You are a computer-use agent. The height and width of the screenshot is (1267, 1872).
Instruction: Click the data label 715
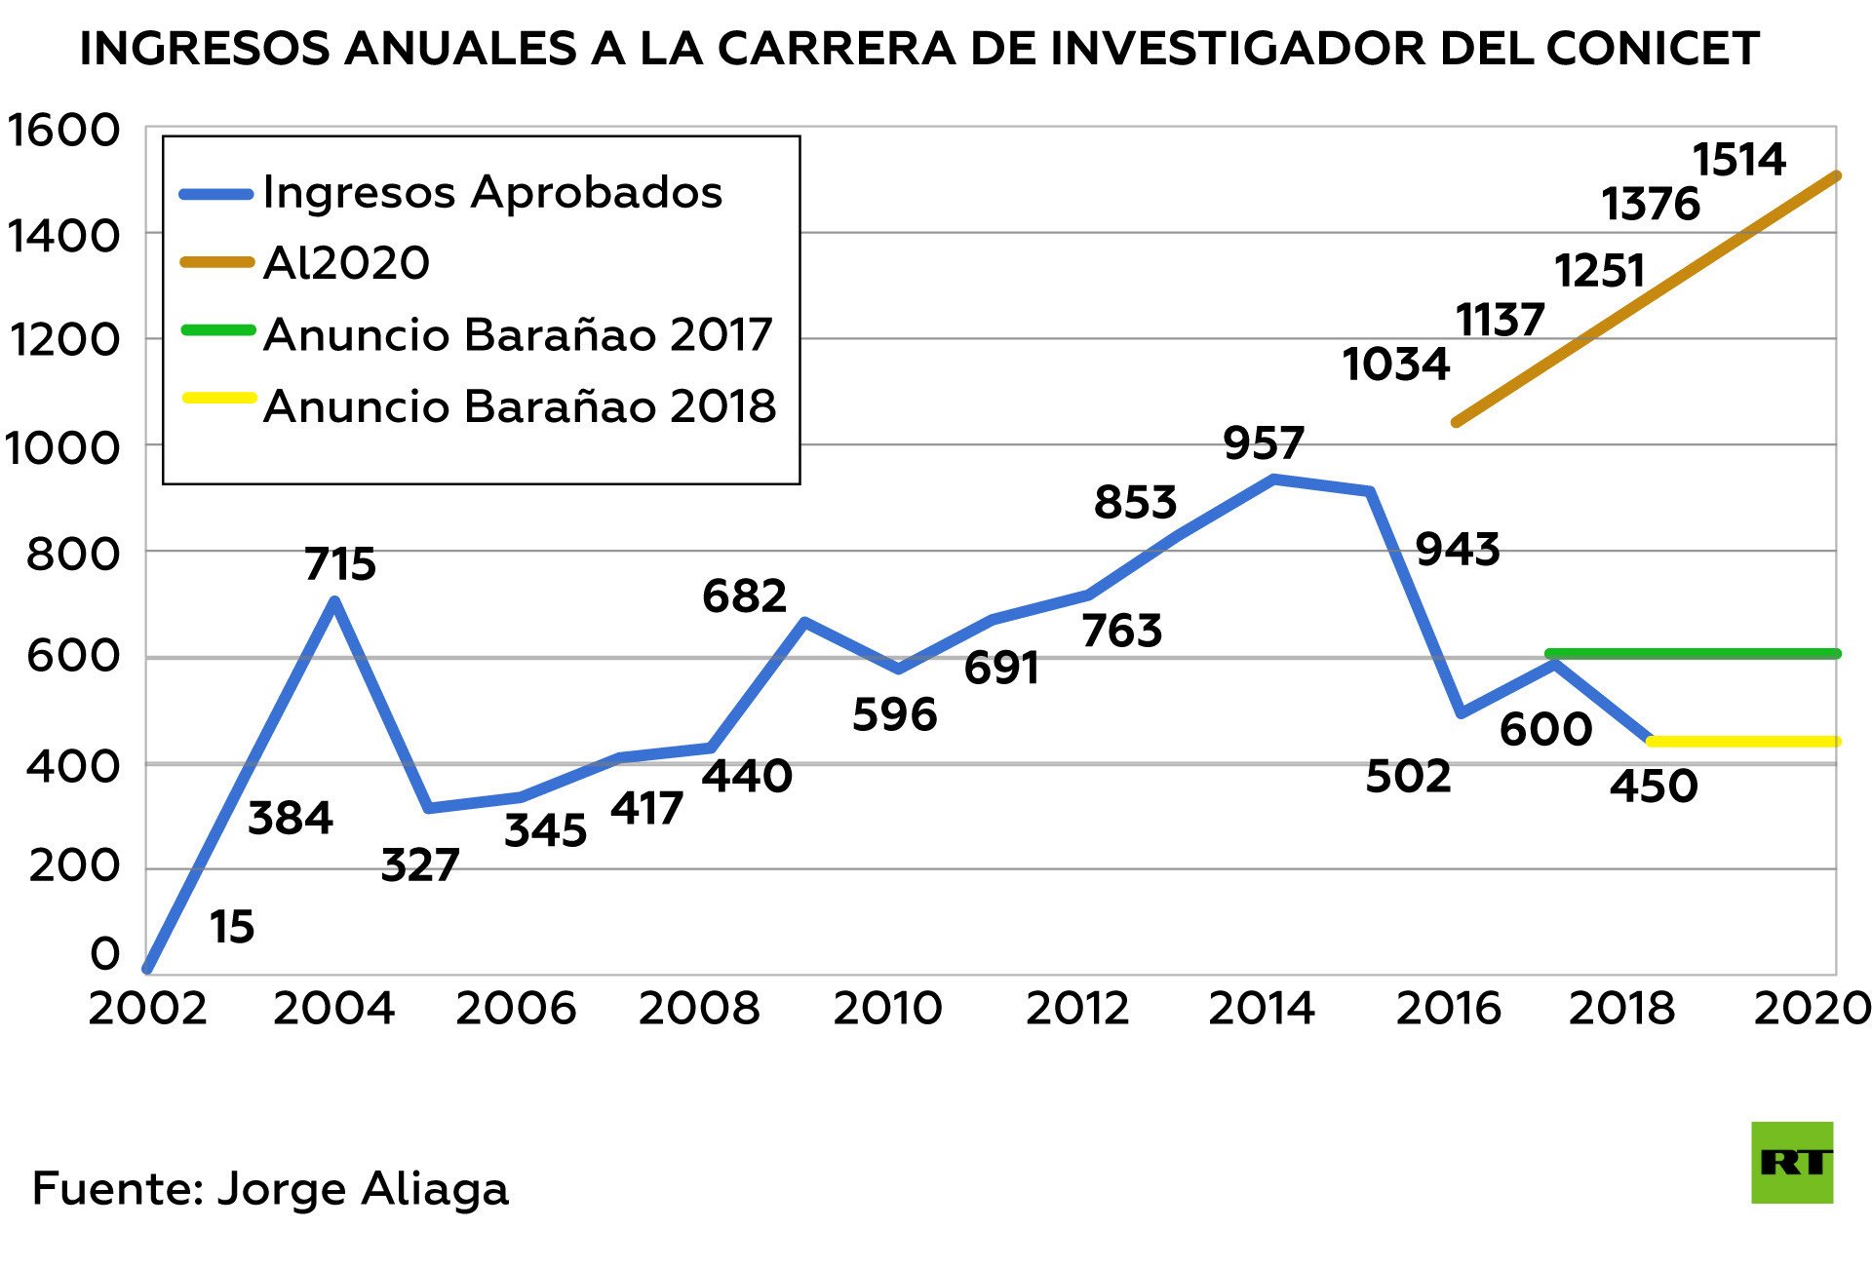pos(340,564)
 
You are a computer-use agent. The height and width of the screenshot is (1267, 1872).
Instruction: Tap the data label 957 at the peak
pos(1264,443)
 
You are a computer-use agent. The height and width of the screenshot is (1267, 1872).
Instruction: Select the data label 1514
pos(1738,160)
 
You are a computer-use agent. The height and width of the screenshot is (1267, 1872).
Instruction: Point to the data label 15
pos(232,927)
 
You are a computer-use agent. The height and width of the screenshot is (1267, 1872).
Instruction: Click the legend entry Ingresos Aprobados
pos(492,192)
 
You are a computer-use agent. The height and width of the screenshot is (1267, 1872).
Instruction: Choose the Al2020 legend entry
pos(346,263)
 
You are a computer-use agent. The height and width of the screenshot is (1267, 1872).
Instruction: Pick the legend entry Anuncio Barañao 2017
pos(518,334)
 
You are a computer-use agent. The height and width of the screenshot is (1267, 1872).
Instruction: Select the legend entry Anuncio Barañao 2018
pos(520,405)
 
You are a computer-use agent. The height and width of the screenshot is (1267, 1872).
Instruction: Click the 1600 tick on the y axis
pos(63,131)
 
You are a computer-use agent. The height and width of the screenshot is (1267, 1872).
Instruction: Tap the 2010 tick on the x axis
pos(887,1008)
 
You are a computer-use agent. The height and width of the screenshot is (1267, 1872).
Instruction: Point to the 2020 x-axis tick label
pos(1812,1008)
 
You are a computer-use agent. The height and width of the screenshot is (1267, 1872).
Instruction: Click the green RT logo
pos(1792,1163)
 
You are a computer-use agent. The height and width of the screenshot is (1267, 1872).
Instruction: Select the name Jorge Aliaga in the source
pos(363,1189)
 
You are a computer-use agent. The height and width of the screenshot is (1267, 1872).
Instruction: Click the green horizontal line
pos(1693,654)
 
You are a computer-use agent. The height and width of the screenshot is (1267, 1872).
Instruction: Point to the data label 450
pos(1654,786)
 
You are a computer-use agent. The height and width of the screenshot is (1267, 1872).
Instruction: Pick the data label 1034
pos(1395,365)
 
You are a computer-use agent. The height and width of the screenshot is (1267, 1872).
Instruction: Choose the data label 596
pos(894,715)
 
